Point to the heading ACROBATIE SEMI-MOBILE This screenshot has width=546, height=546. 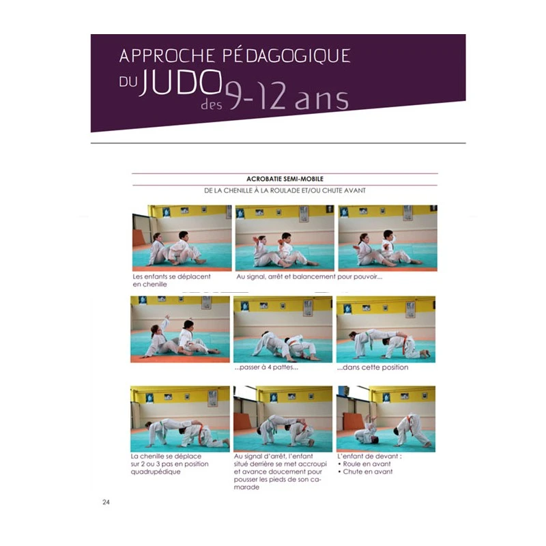pos(285,179)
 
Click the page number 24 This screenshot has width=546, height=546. pos(106,502)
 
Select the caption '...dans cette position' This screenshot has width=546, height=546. pos(373,367)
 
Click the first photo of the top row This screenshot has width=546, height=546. pos(182,237)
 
